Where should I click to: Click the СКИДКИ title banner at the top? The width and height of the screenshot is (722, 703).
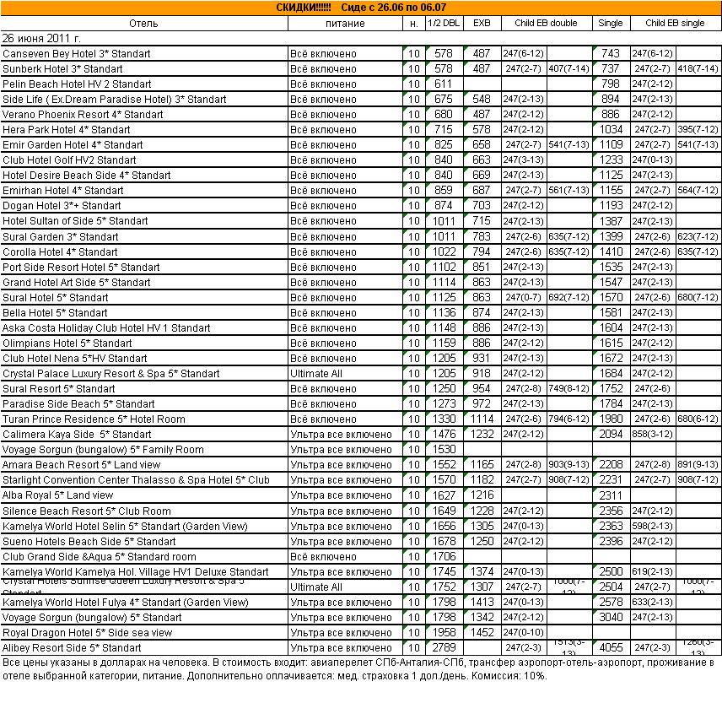coord(361,8)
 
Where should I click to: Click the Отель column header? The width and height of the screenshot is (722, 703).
coord(144,23)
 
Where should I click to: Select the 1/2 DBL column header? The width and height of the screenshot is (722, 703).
coord(443,23)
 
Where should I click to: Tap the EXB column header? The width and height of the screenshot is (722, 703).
coord(482,23)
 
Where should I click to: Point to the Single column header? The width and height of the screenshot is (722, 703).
coord(611,23)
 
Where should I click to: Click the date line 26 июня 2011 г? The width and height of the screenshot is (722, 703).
coord(41,38)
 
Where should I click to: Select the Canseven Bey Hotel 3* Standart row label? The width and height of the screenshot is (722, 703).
coord(77,53)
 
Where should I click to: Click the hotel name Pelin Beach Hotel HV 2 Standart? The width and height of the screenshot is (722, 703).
coord(77,84)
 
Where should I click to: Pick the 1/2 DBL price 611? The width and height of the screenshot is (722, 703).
coord(443,84)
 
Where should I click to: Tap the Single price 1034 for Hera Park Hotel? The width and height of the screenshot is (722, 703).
coord(611,130)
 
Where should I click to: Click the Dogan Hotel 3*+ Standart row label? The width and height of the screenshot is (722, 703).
coord(62,206)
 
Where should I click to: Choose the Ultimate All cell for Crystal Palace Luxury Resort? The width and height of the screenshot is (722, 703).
coord(315,373)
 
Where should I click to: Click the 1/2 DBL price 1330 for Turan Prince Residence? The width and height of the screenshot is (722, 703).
coord(443,419)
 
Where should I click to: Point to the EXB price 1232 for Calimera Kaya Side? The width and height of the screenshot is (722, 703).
coord(482,435)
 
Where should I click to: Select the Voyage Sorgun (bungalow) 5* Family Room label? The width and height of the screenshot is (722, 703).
coord(103,450)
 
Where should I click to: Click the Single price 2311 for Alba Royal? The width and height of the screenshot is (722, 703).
coord(611,495)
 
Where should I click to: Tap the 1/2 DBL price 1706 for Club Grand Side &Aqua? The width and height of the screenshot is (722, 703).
coord(443,557)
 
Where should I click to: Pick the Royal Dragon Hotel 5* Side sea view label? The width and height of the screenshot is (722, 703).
coord(87,633)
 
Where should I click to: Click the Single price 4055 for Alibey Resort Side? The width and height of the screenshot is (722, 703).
coord(611,648)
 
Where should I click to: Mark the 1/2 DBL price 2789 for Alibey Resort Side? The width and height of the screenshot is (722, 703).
coord(443,648)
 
